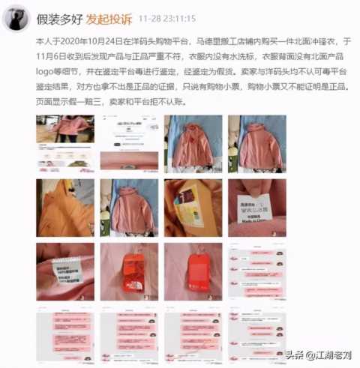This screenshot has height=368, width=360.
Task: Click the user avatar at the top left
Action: point(19,16)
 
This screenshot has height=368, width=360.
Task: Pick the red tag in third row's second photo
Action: point(129,271)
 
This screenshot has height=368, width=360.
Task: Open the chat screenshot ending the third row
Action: point(257,271)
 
